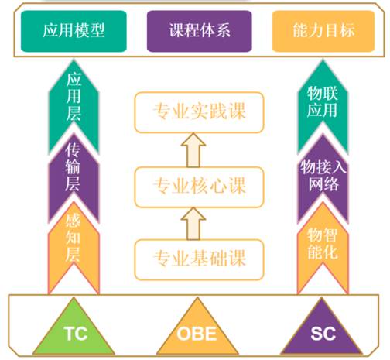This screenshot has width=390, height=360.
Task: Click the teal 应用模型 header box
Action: [x=74, y=31]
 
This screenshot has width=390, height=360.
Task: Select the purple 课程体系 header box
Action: [x=200, y=31]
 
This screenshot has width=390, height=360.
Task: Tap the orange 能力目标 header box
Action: [x=323, y=31]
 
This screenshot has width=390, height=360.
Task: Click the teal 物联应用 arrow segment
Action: [x=323, y=103]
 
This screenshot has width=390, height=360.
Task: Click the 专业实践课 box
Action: [x=199, y=112]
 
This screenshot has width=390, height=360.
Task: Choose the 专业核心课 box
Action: [x=199, y=187]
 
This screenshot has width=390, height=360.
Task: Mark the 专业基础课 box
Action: [x=199, y=259]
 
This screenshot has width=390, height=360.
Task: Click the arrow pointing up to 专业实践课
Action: [x=193, y=150]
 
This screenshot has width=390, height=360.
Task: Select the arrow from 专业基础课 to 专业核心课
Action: [x=193, y=224]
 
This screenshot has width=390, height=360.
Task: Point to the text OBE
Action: [x=197, y=334]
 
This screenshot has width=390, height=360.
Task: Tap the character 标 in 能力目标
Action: [x=347, y=30]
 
